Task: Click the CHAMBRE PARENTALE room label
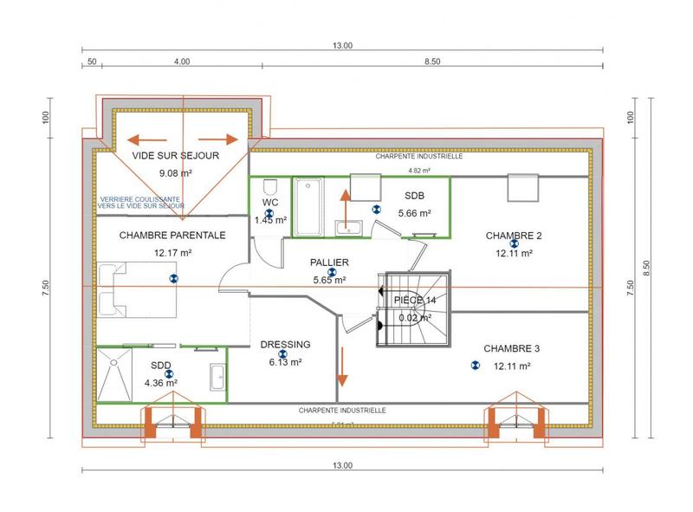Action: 172,235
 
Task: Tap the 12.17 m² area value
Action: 172,253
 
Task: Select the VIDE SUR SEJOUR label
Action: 175,156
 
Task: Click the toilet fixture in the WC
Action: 269,188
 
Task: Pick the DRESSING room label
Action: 285,345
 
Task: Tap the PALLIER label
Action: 329,262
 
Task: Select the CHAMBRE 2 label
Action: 513,236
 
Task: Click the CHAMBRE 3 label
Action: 511,348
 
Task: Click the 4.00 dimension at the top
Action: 182,62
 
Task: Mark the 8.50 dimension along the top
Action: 432,62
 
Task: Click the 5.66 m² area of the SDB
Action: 414,212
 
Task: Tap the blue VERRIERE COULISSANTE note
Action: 141,203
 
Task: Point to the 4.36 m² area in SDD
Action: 160,382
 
